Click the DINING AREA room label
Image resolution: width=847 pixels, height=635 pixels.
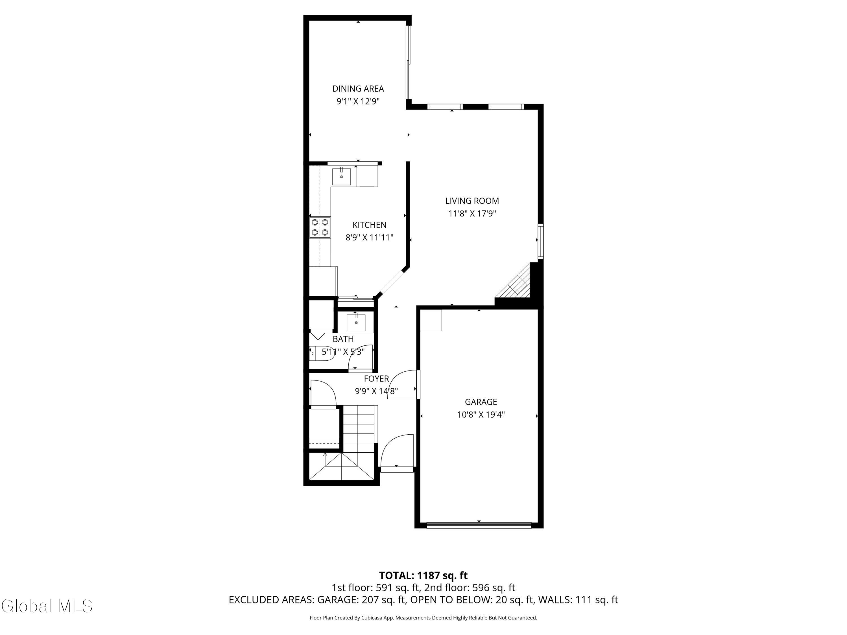click(x=358, y=89)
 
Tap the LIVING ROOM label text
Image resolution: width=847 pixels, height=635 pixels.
click(x=472, y=201)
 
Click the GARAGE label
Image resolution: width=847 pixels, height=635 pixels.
click(x=481, y=402)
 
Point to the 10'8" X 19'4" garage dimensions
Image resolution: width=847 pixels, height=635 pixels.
click(x=481, y=415)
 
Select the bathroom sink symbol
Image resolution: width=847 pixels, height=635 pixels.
click(x=356, y=322)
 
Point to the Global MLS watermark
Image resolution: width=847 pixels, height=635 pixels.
click(x=47, y=606)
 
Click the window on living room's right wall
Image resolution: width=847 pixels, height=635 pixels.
click(x=540, y=242)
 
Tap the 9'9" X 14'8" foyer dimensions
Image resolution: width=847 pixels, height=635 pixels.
click(x=376, y=391)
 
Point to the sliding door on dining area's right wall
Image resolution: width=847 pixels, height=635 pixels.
click(x=409, y=61)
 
